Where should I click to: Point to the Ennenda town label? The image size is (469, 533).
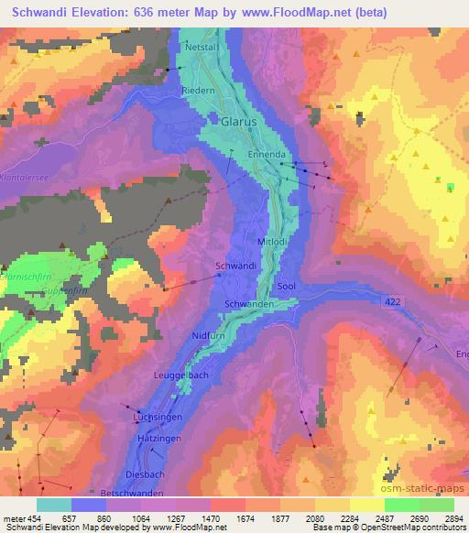[x=267, y=156]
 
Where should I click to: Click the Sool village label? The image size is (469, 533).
[x=285, y=286]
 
